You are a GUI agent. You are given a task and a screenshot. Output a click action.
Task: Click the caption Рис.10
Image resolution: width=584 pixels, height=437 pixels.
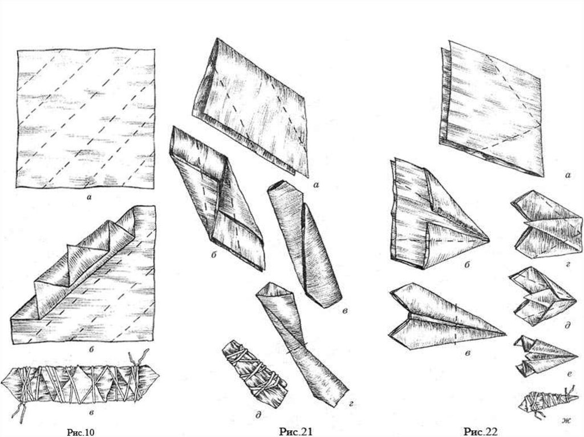click(x=81, y=432)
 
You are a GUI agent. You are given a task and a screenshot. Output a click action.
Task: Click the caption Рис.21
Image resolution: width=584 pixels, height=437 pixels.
click(x=296, y=431)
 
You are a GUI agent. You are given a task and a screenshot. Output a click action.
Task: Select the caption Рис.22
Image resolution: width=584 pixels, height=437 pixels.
click(x=480, y=431)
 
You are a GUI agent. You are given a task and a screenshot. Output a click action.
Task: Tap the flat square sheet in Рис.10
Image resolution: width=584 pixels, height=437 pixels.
click(x=86, y=117)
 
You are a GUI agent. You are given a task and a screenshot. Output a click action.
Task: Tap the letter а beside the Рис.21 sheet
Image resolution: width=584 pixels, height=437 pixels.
click(x=316, y=184)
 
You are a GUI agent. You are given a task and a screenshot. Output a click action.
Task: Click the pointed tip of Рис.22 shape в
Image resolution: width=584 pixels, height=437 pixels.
click(x=505, y=334)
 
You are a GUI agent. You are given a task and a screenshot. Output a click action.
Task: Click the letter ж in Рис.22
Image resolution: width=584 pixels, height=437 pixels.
click(x=566, y=421)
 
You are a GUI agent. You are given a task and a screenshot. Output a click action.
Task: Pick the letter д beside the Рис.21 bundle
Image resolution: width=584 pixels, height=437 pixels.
click(x=258, y=415)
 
